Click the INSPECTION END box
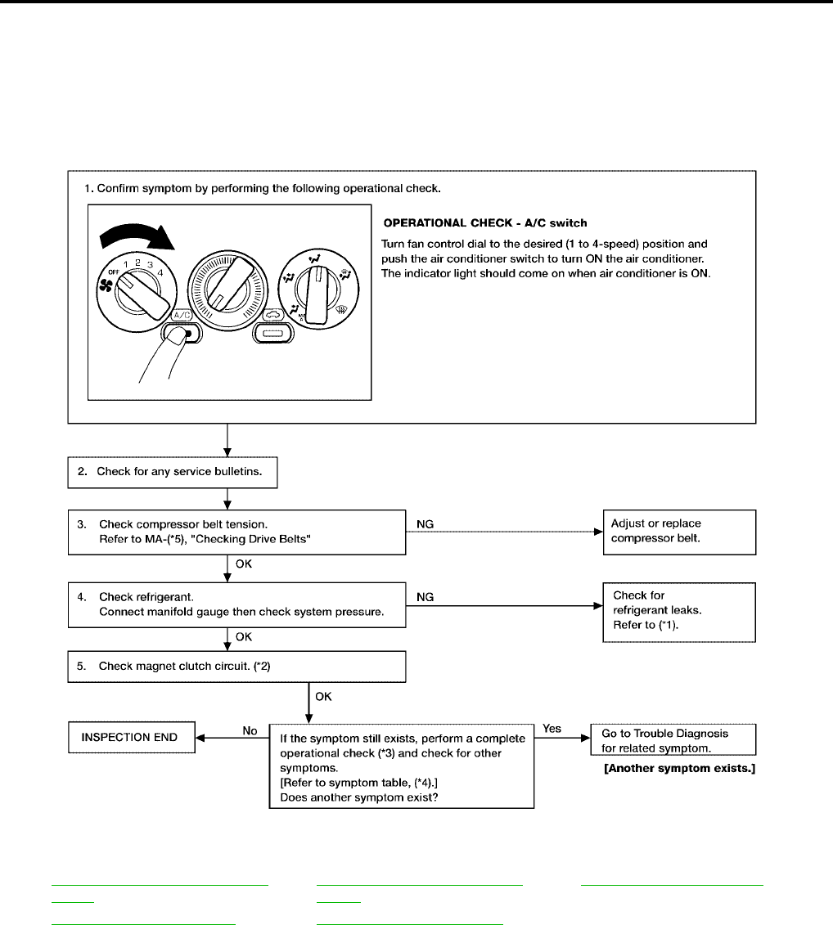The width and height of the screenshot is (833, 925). click(x=130, y=738)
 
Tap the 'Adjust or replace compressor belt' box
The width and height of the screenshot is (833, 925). click(x=678, y=531)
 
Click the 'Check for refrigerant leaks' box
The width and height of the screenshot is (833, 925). click(x=678, y=612)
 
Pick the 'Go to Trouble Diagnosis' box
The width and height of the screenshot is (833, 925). click(x=672, y=739)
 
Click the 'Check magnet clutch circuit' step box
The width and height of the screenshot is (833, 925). click(x=236, y=666)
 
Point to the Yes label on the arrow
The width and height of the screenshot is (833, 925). click(x=552, y=728)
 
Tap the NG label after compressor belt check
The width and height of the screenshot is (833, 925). click(x=426, y=523)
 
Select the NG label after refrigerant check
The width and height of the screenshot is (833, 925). click(x=426, y=597)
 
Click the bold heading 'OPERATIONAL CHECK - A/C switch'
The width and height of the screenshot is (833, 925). click(x=484, y=223)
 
